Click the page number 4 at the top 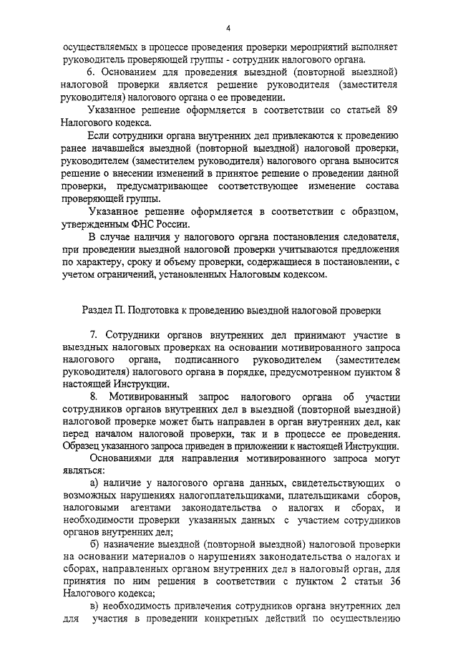click(x=228, y=28)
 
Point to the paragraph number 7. click(x=93, y=335)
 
